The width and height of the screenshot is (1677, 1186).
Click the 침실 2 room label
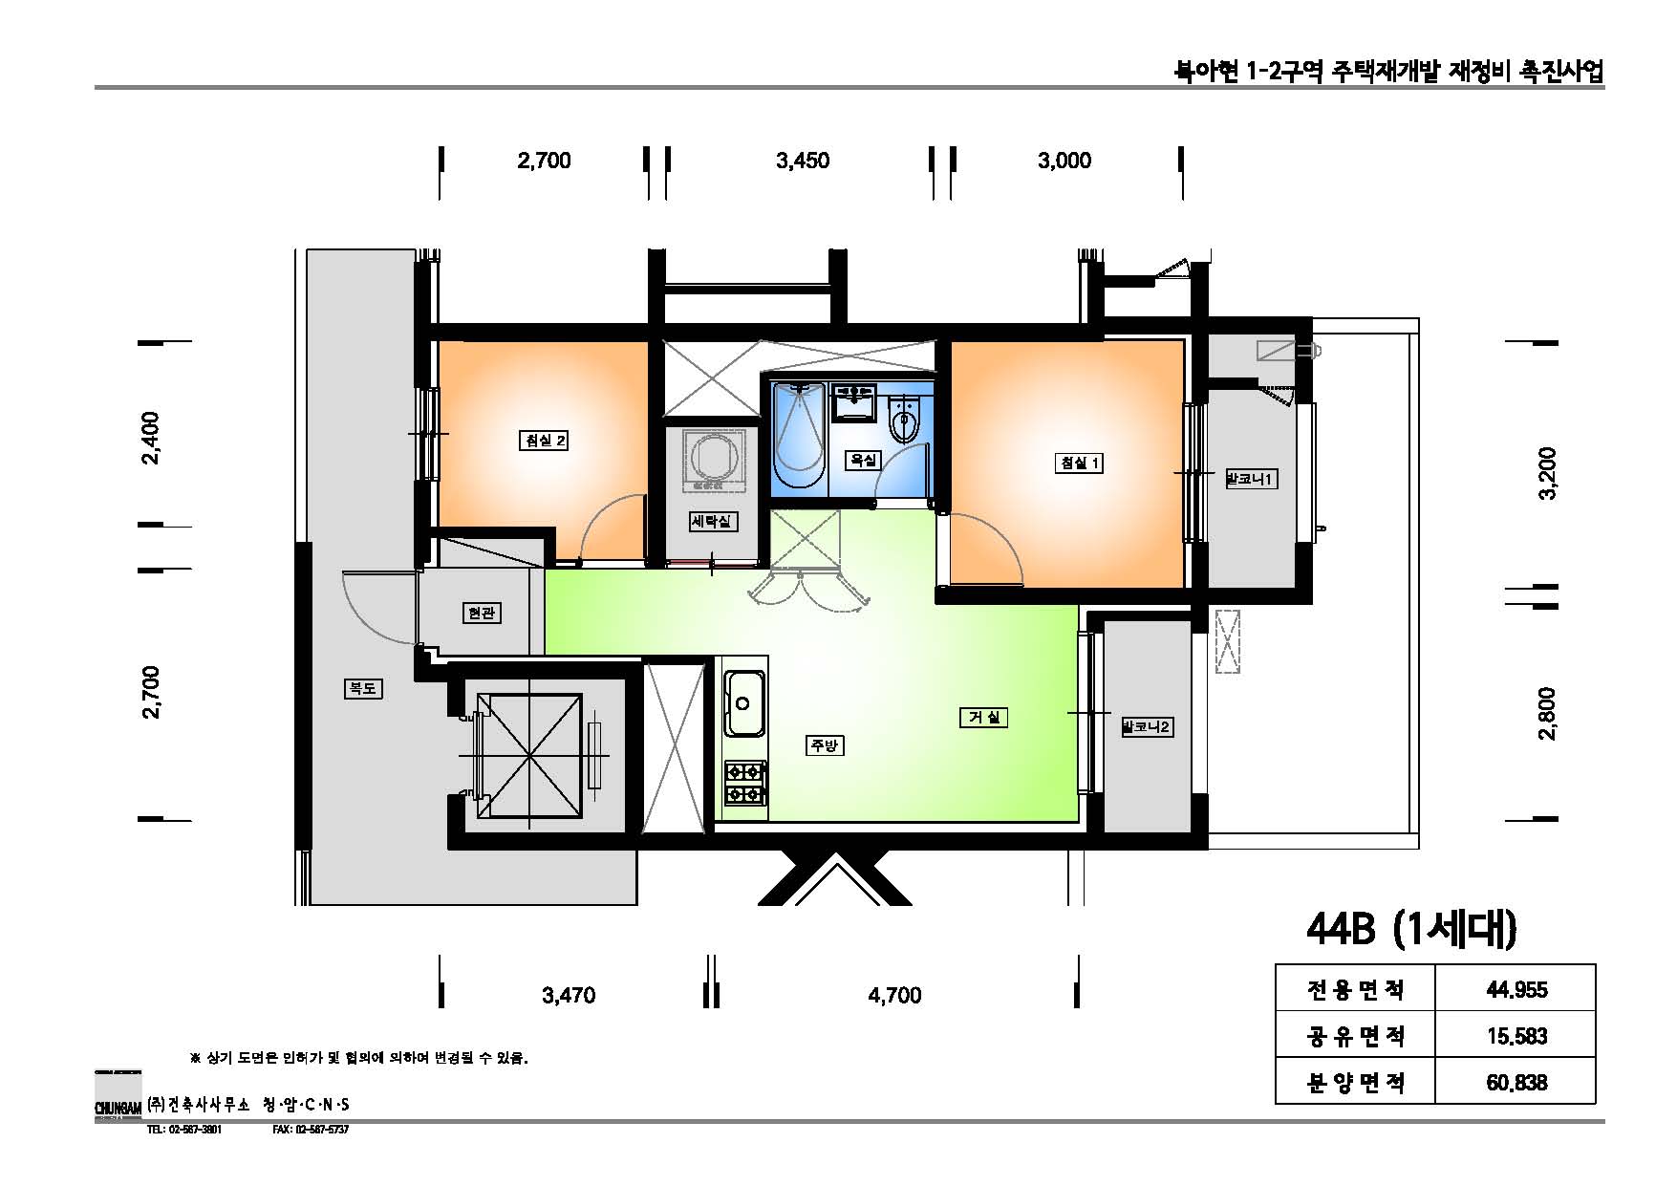pos(545,441)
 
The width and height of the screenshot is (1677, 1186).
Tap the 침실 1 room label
pos(1079,464)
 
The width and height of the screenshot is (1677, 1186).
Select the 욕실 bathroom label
pos(863,460)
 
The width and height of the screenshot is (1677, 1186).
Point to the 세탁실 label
pos(713,522)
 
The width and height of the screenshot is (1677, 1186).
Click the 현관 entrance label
pos(480,613)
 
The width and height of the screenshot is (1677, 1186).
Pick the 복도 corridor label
pos(362,687)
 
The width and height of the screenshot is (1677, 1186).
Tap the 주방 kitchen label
pos(825,745)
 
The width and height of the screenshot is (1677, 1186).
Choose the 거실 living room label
pos(983,717)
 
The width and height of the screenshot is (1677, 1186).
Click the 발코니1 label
pos(1251,479)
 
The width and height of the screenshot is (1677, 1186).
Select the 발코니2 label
pos(1147,727)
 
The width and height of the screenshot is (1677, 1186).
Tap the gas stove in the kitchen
pos(745,782)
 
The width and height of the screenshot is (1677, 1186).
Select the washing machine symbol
pos(712,458)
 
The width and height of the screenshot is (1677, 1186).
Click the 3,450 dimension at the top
pos(802,161)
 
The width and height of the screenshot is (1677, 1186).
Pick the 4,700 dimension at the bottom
pos(894,996)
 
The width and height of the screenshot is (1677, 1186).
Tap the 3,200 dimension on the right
pos(1548,473)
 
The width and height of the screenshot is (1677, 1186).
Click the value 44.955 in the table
pos(1516,989)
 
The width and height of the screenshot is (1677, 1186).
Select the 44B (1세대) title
pos(1411,929)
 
